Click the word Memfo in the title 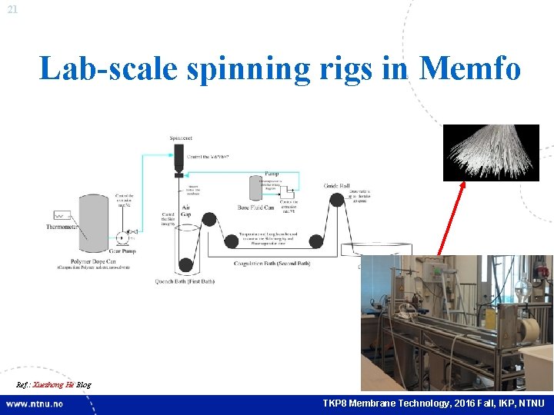click(470, 69)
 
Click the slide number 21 click(11, 9)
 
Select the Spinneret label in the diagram click(181, 138)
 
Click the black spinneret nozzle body click(180, 157)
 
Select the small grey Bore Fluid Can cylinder click(255, 188)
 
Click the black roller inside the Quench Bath click(185, 265)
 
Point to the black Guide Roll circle click(336, 201)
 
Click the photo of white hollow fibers click(490, 152)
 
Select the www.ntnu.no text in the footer click(35, 403)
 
